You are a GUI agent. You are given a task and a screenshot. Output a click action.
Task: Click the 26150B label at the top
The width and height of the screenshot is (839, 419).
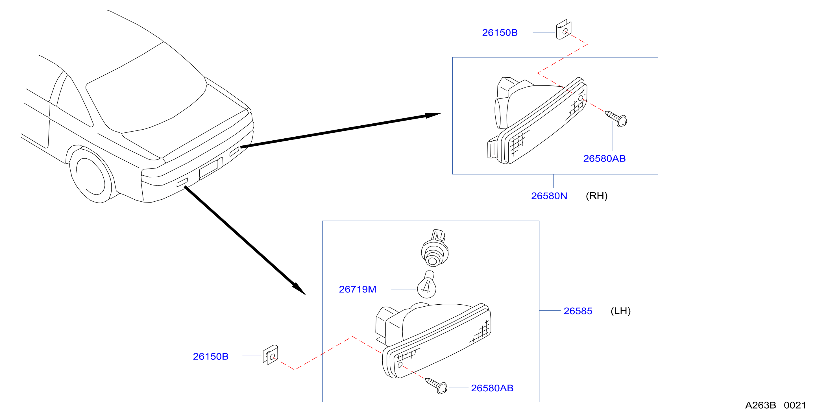click(x=500, y=32)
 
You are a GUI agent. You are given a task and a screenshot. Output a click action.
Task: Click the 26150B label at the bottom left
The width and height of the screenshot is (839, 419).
click(x=211, y=357)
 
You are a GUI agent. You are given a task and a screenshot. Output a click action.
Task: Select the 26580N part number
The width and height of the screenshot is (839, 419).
click(x=549, y=196)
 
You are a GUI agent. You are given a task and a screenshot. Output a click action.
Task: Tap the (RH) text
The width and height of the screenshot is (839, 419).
click(x=597, y=196)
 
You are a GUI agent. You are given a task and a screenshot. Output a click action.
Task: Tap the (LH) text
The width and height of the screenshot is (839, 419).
click(x=621, y=311)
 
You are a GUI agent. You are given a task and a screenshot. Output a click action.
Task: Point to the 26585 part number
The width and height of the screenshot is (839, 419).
click(x=578, y=311)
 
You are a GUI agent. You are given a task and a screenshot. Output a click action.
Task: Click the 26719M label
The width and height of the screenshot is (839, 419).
click(x=358, y=289)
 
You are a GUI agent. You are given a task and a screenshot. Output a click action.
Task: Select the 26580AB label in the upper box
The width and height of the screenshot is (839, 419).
click(x=605, y=159)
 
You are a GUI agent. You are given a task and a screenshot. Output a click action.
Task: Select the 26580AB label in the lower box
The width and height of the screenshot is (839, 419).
click(x=492, y=388)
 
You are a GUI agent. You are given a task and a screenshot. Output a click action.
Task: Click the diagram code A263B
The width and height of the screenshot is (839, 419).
click(x=760, y=405)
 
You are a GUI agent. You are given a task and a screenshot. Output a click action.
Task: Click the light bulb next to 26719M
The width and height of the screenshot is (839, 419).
click(x=427, y=285)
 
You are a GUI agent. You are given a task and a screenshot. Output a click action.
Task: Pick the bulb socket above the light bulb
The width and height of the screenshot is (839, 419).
click(x=435, y=248)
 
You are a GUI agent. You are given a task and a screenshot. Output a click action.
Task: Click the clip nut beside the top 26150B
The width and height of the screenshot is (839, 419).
click(x=564, y=30)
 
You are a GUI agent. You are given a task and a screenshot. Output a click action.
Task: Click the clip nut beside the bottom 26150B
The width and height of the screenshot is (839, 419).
click(x=270, y=355)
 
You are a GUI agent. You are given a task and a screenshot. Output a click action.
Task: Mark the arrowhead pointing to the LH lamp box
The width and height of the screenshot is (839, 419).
click(x=299, y=289)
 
